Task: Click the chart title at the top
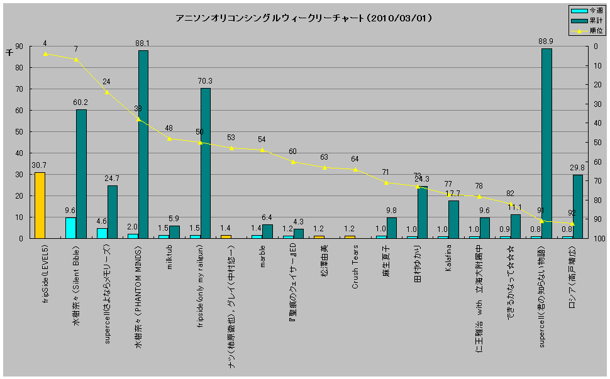(304, 19)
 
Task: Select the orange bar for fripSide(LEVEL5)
(40, 206)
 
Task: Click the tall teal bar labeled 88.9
(546, 143)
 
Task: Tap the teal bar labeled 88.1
(143, 145)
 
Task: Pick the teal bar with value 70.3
(206, 163)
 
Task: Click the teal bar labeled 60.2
(81, 174)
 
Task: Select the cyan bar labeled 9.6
(70, 228)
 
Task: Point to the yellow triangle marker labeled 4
(45, 54)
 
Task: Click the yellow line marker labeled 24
(107, 92)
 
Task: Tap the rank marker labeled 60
(293, 162)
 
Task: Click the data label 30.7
(40, 165)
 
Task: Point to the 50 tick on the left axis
(19, 132)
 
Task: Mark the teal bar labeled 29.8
(577, 207)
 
